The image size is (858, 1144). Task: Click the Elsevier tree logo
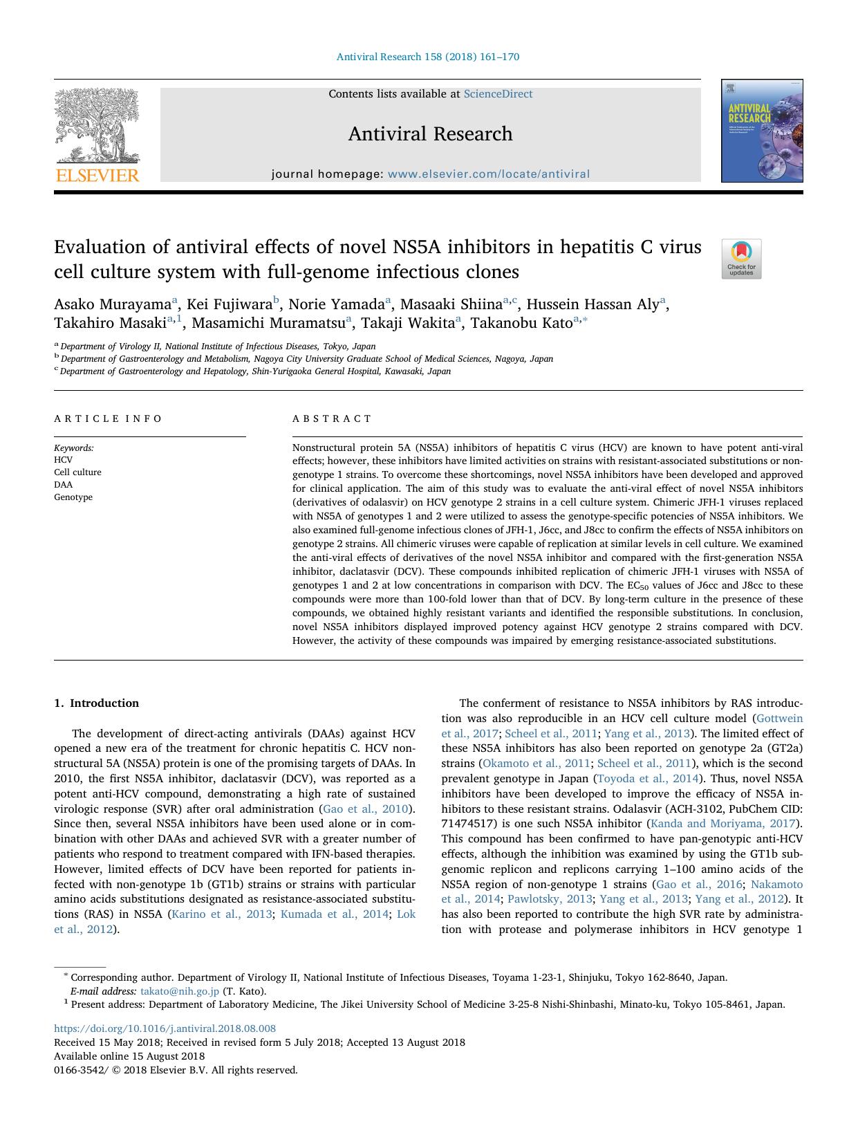point(97,135)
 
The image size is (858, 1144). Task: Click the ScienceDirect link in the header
point(498,94)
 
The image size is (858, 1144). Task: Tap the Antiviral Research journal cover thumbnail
point(762,131)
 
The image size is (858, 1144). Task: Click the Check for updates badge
point(741,259)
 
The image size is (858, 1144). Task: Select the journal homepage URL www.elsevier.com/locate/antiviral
point(489,174)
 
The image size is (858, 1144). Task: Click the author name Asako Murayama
point(113,304)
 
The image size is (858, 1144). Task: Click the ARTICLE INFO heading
point(108,418)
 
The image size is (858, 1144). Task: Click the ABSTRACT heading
point(332,418)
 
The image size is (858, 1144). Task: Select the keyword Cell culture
point(77,472)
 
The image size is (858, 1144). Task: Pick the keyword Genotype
point(73,497)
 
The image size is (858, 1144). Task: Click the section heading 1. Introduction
point(96,703)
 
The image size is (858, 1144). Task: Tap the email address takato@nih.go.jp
point(180,991)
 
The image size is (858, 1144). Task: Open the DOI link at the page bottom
point(165,1028)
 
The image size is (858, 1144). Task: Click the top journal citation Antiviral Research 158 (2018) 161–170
point(428,57)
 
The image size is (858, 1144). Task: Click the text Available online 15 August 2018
point(129,1056)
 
